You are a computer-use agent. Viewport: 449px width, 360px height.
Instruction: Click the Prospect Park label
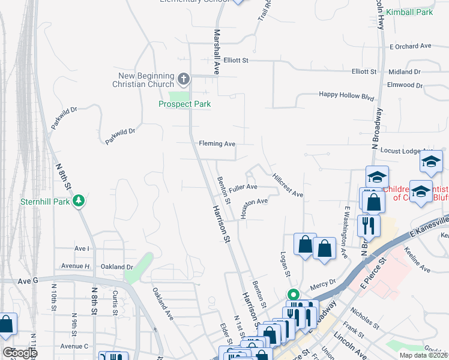(x=185, y=104)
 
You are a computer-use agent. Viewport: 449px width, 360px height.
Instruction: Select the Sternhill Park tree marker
(x=78, y=201)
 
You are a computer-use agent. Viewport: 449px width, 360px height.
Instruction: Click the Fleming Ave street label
(x=217, y=144)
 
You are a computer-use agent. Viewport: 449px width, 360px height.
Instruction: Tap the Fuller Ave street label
(x=243, y=187)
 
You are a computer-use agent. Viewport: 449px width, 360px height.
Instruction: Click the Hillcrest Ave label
(x=288, y=186)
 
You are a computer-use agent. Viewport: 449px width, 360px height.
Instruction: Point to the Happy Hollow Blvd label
(x=346, y=95)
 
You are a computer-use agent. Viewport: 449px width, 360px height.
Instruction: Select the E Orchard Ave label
(x=411, y=46)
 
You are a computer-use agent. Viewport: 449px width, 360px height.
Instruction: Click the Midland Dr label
(x=405, y=71)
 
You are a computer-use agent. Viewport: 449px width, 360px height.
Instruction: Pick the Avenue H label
(x=76, y=266)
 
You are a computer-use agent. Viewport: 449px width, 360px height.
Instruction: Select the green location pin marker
(x=293, y=295)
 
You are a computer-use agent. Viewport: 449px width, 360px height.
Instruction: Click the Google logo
(x=19, y=353)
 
